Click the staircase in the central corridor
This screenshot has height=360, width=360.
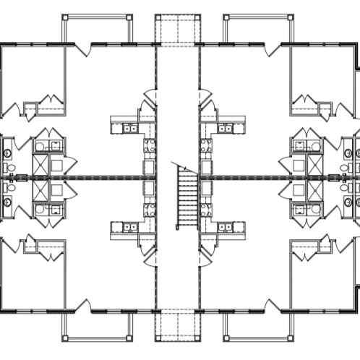click(x=187, y=196)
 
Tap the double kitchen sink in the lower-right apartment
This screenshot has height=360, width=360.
click(x=226, y=227)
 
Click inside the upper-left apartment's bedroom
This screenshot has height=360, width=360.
click(x=33, y=76)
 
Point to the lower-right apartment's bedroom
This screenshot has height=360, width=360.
click(x=325, y=282)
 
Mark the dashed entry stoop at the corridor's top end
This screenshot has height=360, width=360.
click(x=177, y=29)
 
